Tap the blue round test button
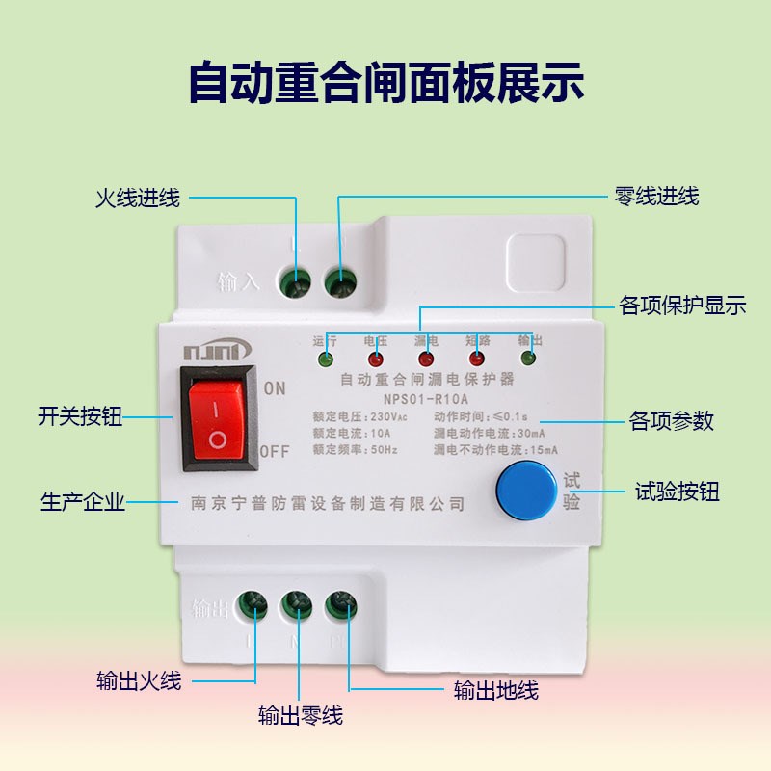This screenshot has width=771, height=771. pos(528,489)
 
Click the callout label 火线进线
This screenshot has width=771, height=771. pos(137,199)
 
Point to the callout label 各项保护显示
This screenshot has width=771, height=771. pos(682,306)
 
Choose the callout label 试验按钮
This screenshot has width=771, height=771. pos(678,492)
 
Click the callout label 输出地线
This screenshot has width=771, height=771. pos(495,690)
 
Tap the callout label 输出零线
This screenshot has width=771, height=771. pos(300,716)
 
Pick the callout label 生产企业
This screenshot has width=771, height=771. pos(83,502)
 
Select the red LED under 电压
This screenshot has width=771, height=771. pos(376,359)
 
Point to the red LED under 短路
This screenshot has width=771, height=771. pos(476,359)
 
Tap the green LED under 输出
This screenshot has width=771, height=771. pos(528,359)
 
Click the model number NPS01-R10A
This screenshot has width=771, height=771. pos(425,398)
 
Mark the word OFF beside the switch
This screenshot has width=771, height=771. pos(275,451)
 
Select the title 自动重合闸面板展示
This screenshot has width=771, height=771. pos(385,81)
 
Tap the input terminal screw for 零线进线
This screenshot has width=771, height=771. pos(339,280)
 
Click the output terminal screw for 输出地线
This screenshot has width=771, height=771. pos(339,605)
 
